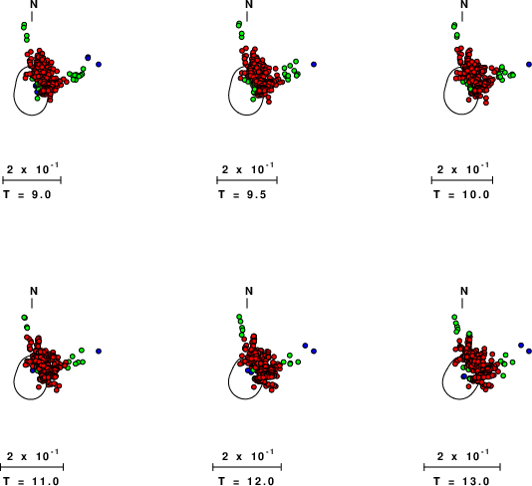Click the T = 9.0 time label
(x=27, y=194)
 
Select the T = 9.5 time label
(x=242, y=194)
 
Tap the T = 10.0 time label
(x=461, y=194)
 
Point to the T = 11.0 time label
(x=31, y=481)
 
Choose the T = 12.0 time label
(x=246, y=481)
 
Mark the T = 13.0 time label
(x=461, y=481)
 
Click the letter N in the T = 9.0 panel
(x=34, y=4)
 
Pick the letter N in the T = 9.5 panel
(x=249, y=4)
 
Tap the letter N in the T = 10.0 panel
(x=464, y=4)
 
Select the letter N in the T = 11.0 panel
(x=34, y=291)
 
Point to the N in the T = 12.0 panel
(x=249, y=291)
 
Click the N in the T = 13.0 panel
(x=464, y=291)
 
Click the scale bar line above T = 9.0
(x=32, y=180)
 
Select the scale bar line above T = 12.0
(x=247, y=467)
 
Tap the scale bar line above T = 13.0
(x=462, y=467)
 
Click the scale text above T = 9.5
(x=248, y=168)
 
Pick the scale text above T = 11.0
(x=33, y=455)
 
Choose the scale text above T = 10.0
(x=463, y=168)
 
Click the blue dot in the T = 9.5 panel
(x=314, y=64)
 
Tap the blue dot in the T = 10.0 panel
(x=529, y=64)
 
